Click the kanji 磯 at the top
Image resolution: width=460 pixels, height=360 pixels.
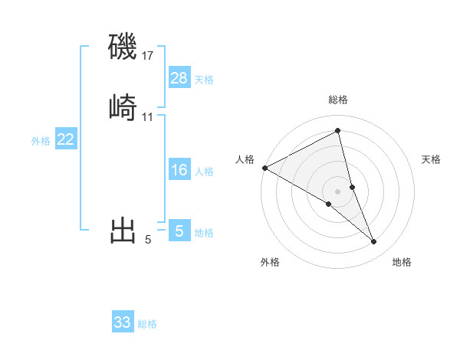click(123, 47)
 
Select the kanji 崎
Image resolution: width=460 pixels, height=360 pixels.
click(123, 107)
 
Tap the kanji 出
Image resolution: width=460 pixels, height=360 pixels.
click(123, 230)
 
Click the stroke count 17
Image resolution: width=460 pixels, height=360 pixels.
click(147, 55)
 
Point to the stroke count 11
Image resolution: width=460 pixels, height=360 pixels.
click(147, 117)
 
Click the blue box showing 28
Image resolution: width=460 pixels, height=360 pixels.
click(179, 78)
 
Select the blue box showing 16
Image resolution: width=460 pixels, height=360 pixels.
click(179, 170)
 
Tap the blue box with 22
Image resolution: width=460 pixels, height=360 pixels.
click(65, 139)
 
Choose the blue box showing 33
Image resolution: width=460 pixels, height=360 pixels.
click(122, 322)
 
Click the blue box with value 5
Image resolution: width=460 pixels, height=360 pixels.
click(179, 231)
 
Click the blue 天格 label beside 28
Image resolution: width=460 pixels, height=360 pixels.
click(204, 80)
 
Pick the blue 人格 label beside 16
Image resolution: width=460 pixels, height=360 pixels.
click(204, 172)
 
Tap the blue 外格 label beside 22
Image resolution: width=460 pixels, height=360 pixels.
click(41, 141)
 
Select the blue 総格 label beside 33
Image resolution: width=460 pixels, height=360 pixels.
click(147, 324)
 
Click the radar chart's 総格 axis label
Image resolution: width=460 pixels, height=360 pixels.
click(338, 100)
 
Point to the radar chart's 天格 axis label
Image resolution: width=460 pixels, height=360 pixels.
click(432, 159)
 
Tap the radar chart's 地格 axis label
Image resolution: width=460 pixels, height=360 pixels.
click(402, 262)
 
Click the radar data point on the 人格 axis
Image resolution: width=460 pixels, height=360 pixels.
click(264, 167)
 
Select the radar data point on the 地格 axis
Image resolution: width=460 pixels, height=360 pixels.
click(374, 242)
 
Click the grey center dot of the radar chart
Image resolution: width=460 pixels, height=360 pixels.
click(337, 191)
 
